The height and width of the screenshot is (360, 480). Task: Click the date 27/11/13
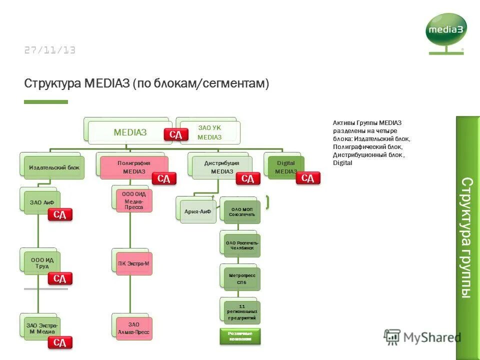pos(49,50)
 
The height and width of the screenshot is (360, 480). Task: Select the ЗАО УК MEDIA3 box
pos(210,132)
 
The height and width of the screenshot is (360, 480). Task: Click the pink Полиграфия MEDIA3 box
pos(134,167)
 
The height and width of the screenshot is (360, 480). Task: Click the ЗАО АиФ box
pos(42,202)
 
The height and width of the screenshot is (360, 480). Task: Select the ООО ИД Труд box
pos(42,263)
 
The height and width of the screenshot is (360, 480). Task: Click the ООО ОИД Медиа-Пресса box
pos(134,200)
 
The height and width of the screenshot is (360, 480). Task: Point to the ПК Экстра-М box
pos(134,263)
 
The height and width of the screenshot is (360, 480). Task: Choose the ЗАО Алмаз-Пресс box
pos(134,328)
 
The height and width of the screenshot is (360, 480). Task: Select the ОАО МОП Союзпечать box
pos(242,211)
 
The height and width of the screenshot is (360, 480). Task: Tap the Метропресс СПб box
pos(242,279)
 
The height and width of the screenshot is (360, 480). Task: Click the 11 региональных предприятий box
pos(242,312)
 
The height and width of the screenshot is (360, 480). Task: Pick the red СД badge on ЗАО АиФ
pos(60,215)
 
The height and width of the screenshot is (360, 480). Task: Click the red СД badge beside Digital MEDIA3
pos(308,178)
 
